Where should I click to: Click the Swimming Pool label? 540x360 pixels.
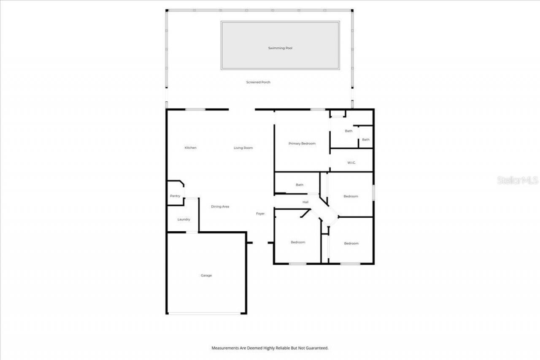point(280,48)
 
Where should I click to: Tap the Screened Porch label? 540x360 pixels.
point(258,82)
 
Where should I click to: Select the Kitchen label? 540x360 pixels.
point(191,148)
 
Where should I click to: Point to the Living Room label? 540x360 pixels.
point(243,148)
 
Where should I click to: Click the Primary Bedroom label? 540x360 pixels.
point(302,143)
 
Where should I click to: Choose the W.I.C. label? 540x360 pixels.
point(352,162)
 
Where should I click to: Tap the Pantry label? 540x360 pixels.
point(175,196)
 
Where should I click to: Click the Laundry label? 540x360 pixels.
point(184,219)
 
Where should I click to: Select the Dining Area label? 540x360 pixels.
point(220,206)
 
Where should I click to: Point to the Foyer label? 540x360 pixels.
point(260,214)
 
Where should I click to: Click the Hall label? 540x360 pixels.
point(305,202)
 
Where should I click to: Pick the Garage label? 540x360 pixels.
point(206,276)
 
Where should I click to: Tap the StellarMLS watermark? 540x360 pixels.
point(518,180)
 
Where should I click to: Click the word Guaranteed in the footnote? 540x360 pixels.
point(317,348)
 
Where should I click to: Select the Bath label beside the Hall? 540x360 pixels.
point(300,185)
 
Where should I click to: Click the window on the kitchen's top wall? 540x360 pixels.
point(195,110)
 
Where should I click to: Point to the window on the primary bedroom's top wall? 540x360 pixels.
point(317,110)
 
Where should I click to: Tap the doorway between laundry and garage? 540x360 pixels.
point(192,232)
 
